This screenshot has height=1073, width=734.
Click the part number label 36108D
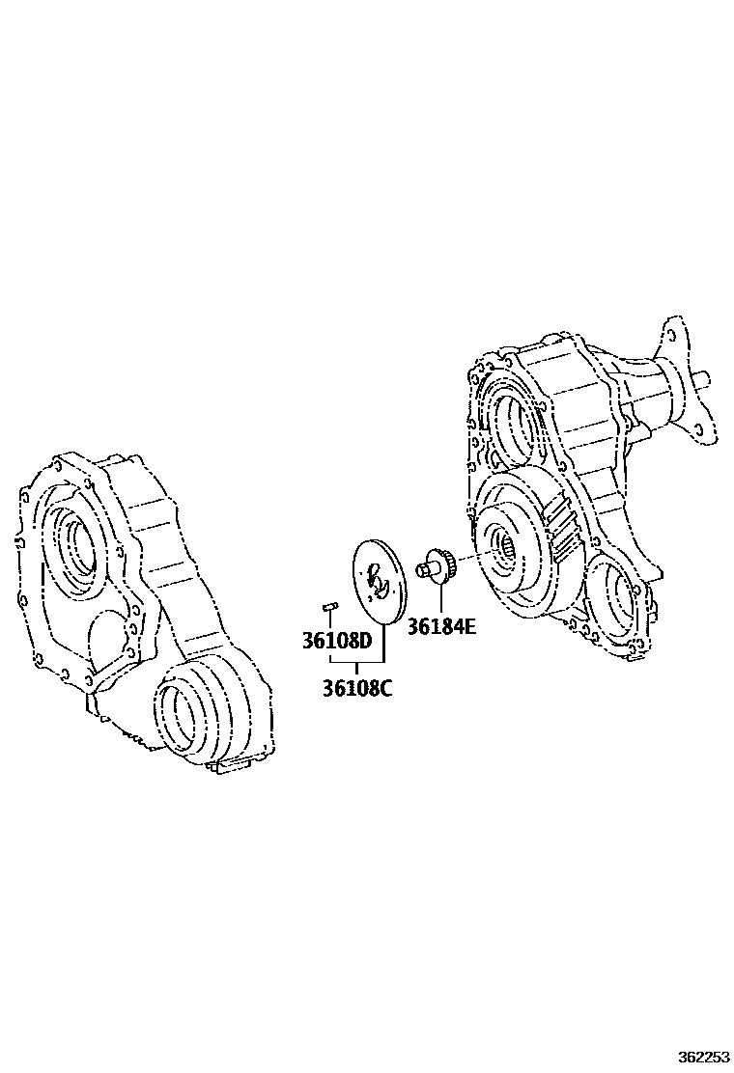(337, 642)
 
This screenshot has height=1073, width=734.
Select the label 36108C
(357, 688)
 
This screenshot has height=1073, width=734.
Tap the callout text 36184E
(441, 626)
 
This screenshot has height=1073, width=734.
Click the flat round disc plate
(380, 583)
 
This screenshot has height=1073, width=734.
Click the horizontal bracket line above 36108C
(356, 662)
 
